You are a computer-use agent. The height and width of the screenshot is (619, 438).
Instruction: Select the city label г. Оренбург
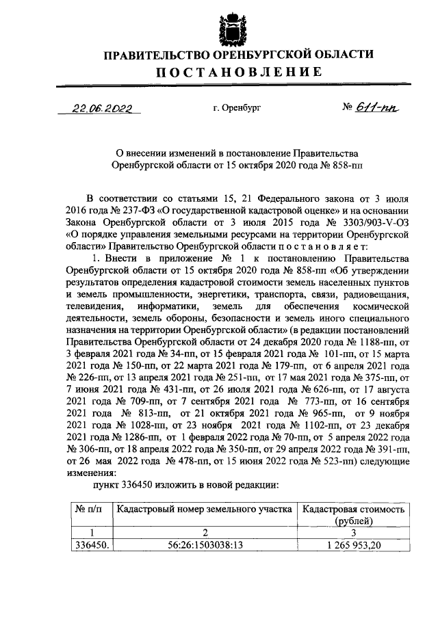point(237,107)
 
